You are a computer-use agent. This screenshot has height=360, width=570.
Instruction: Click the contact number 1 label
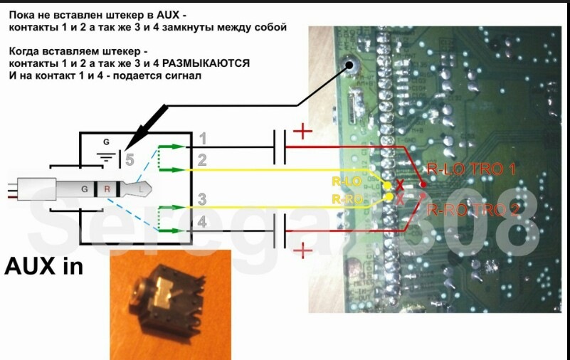point(202,138)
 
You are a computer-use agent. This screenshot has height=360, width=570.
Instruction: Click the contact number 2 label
point(202,160)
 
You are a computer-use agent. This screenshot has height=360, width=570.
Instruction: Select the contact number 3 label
point(202,198)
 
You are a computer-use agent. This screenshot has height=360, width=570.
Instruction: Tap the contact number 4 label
point(202,222)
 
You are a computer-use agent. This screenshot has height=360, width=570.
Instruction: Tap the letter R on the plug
point(107,190)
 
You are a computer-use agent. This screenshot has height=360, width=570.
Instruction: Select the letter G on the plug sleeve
point(85,190)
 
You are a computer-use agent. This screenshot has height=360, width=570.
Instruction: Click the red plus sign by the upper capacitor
point(302,131)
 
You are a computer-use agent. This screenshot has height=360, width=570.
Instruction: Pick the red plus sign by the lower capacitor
point(302,250)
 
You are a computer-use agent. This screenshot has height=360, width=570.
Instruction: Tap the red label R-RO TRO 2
point(472,209)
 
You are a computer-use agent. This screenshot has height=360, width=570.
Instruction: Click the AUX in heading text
point(43,266)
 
